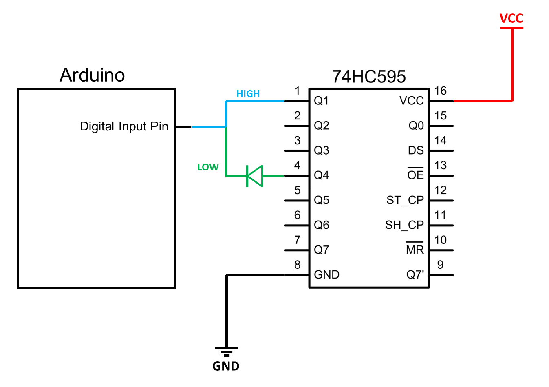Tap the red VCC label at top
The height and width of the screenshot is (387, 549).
click(511, 18)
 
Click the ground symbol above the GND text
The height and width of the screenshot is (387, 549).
click(227, 352)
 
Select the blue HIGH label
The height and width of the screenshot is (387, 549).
click(248, 94)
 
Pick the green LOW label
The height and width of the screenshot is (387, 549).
click(208, 167)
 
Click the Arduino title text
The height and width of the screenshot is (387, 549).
click(92, 75)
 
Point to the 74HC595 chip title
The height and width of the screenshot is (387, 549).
click(369, 77)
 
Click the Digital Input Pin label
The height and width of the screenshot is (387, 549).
click(124, 126)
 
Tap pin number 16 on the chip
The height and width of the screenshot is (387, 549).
click(440, 91)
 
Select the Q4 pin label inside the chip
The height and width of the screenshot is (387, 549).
click(321, 175)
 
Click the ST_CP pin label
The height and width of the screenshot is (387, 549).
click(405, 200)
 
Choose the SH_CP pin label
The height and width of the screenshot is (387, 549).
click(404, 225)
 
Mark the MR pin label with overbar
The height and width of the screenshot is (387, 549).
click(415, 249)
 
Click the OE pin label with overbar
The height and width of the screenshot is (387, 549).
click(415, 175)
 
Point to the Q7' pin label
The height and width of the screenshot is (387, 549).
click(415, 275)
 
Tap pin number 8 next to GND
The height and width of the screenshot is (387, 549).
click(298, 265)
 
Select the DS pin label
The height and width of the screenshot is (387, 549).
click(416, 150)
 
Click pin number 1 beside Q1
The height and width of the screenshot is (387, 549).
click(298, 91)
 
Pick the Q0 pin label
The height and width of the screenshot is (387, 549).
click(416, 126)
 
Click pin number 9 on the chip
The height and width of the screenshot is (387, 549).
click(440, 265)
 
